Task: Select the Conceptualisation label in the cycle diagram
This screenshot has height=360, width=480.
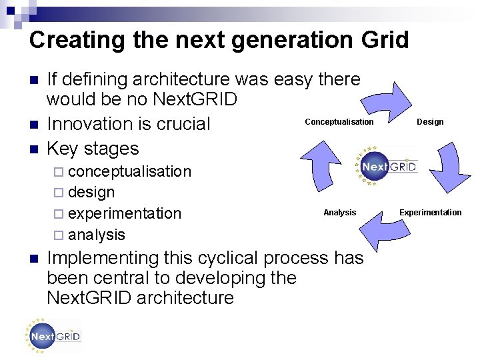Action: coord(339,122)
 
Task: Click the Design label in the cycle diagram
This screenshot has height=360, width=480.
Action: coord(430,122)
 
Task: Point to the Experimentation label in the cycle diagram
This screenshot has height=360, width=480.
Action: coord(430,213)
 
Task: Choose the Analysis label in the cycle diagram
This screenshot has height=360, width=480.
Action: coord(339,213)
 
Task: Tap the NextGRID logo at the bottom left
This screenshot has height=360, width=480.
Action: coord(53,336)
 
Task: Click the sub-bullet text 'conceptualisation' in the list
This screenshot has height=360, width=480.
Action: coord(129,171)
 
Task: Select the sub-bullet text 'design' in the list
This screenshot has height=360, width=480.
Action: coord(91,193)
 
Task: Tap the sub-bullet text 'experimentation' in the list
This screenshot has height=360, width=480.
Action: coord(124,214)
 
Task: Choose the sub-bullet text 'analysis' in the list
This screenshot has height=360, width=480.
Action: coord(96,235)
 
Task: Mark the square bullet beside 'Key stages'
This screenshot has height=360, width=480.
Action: coord(35,149)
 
